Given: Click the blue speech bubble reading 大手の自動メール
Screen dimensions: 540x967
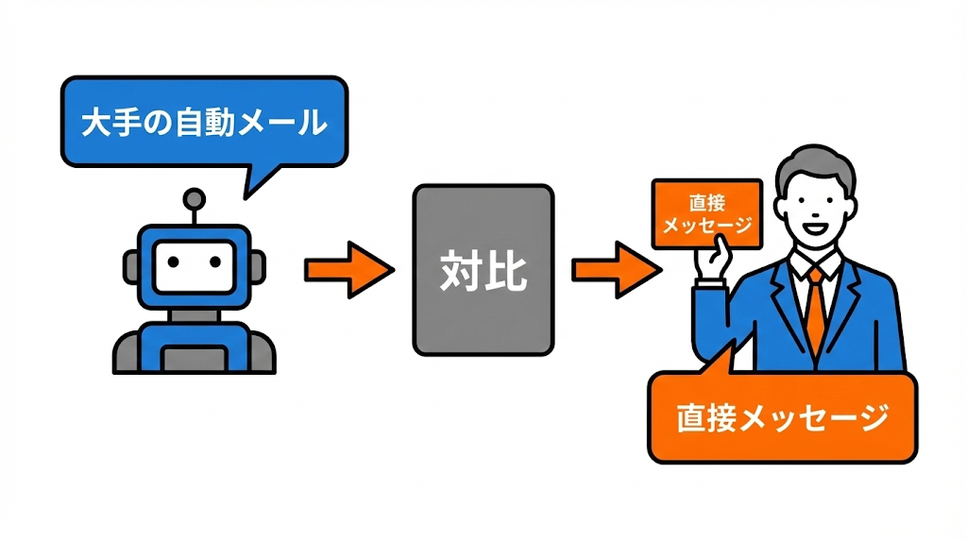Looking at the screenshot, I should (203, 123).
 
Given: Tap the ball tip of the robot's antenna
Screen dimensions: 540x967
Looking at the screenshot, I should (194, 198).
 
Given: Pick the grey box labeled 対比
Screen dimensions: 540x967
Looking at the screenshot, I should (483, 270).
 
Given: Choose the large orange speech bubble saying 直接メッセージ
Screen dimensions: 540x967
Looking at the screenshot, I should (782, 418).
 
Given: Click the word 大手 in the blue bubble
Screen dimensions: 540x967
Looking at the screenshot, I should (105, 123).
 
